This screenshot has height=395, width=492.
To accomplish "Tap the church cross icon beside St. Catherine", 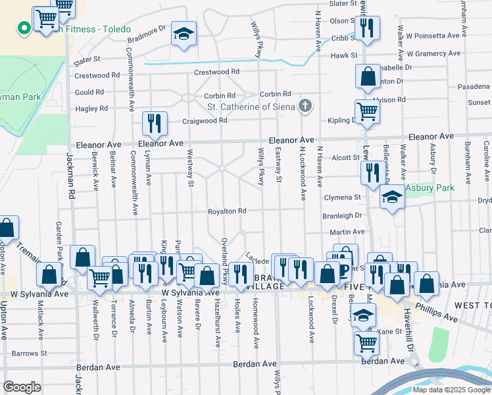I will click(x=305, y=106).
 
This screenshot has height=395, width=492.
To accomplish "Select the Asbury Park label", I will click(x=429, y=188).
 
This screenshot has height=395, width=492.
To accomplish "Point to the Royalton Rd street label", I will click(x=227, y=211).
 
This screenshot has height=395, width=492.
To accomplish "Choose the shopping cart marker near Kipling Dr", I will click(x=367, y=111).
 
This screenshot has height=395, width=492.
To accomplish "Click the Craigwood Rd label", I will click(x=205, y=120).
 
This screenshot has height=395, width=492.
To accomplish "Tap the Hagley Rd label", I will click(x=91, y=109).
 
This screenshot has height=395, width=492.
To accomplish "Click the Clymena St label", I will click(x=343, y=197).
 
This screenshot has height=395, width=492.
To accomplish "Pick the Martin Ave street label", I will click(x=347, y=232).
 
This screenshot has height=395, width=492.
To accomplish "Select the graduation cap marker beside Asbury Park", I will click(x=392, y=197).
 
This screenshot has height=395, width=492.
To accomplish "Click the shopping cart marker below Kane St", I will click(x=366, y=342).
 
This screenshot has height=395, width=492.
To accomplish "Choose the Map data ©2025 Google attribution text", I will click(x=451, y=389).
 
